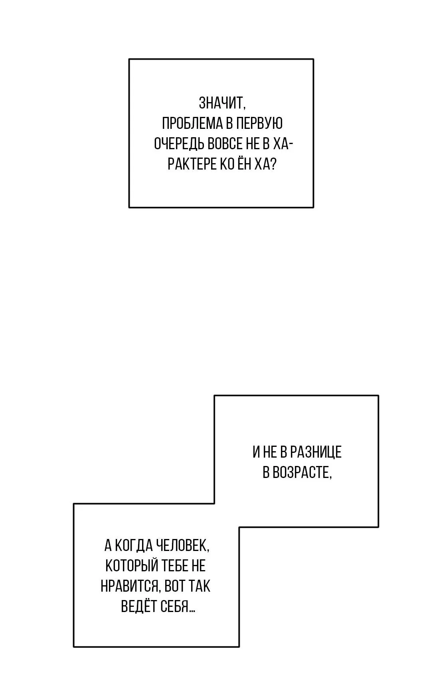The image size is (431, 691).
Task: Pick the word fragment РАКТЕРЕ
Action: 192,164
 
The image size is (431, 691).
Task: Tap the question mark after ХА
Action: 273,164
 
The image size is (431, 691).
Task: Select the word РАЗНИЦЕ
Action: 316,452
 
